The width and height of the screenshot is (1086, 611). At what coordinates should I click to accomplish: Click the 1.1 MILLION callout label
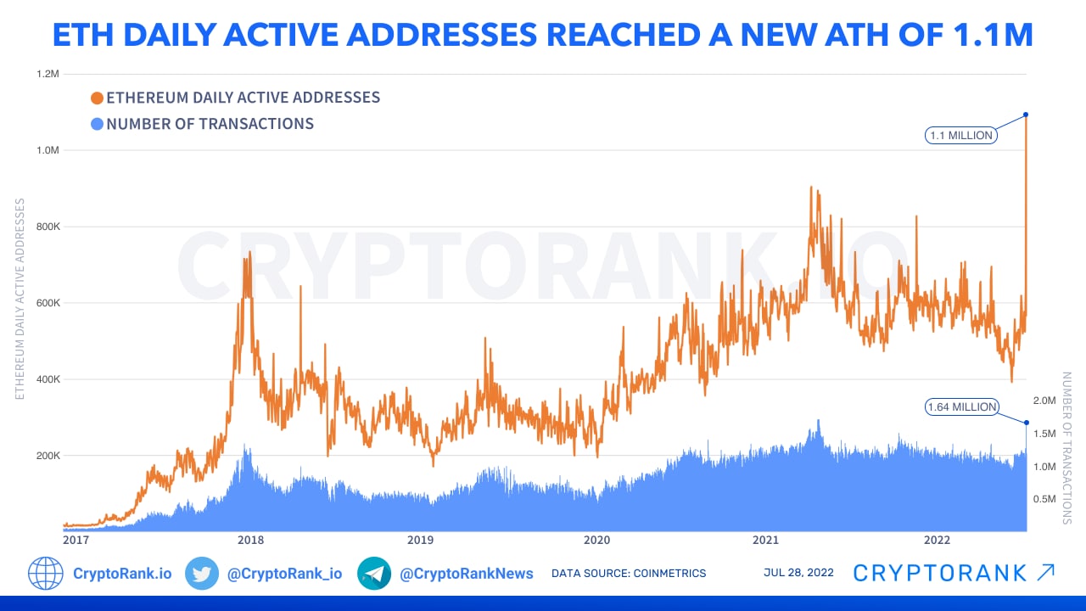click(961, 135)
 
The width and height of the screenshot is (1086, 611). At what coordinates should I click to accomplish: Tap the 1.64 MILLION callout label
click(961, 407)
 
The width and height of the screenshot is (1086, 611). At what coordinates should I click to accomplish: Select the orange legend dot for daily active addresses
click(97, 98)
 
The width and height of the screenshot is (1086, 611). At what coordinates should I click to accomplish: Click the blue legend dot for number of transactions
click(97, 124)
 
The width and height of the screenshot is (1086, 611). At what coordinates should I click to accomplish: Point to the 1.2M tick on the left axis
click(48, 74)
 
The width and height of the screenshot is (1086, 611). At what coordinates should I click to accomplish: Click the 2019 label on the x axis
click(420, 540)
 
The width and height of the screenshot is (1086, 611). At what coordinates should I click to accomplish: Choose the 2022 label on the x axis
click(937, 540)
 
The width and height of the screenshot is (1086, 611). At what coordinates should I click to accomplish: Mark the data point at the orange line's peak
click(1026, 115)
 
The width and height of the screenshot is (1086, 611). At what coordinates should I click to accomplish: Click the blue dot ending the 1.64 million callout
click(1027, 423)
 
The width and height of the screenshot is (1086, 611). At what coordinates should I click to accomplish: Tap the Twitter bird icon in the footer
click(202, 574)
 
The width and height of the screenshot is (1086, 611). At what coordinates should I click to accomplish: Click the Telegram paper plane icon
click(374, 574)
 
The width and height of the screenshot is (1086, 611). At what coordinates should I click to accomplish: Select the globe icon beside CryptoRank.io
click(46, 574)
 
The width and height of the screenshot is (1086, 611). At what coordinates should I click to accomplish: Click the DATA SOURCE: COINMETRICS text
click(629, 574)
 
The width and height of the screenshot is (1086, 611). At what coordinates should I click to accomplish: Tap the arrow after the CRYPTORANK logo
click(1045, 573)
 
